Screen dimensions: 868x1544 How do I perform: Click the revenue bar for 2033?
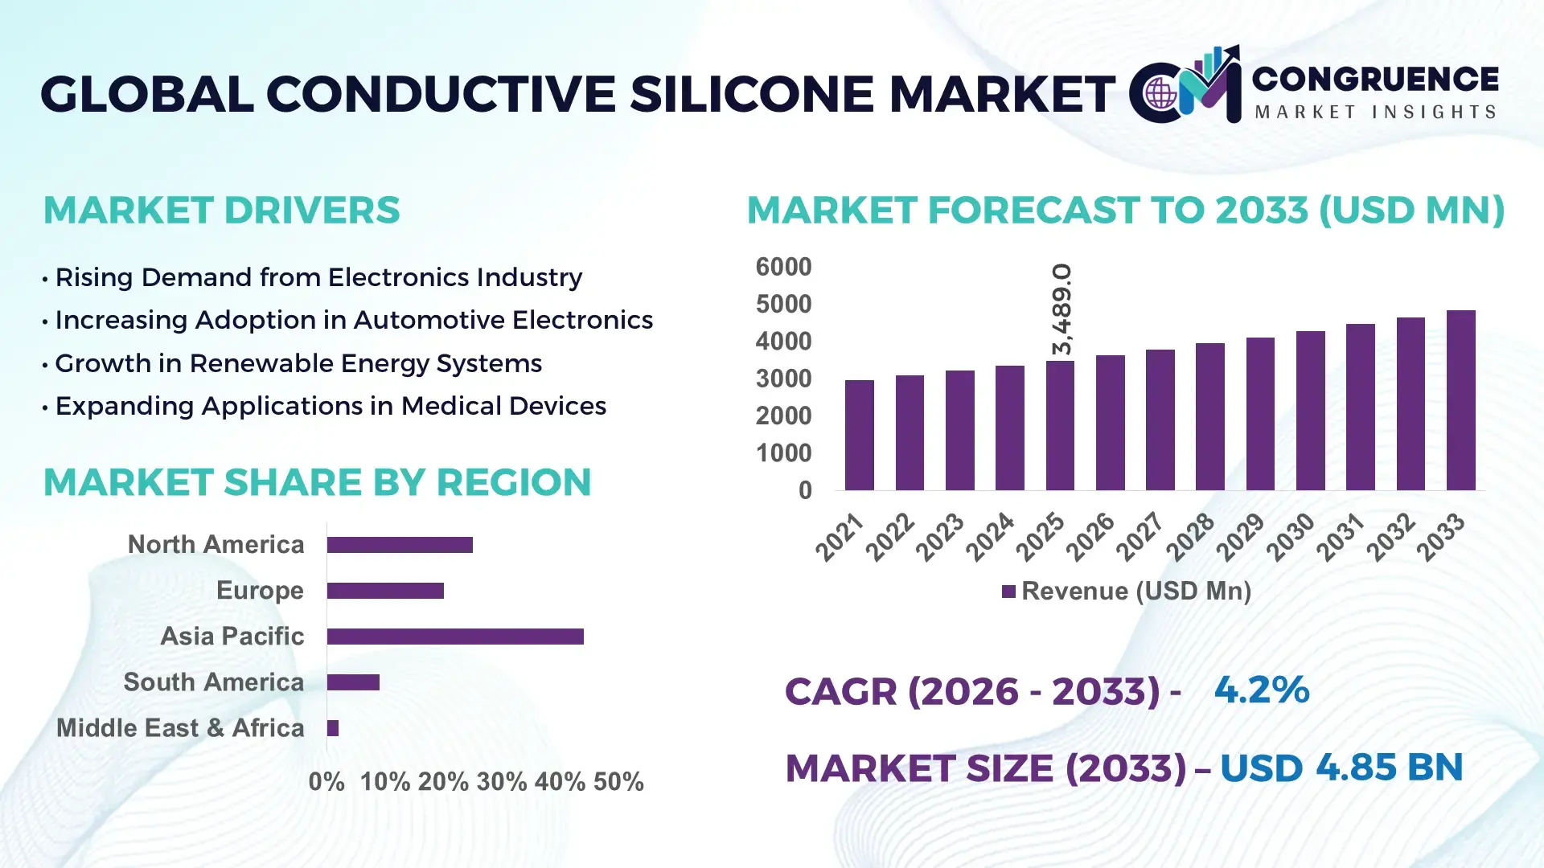pos(1460,400)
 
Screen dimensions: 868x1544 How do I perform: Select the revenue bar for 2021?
pos(859,435)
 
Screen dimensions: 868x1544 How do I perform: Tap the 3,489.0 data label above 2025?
pos(1062,309)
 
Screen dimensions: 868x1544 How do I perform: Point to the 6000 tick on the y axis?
pos(783,267)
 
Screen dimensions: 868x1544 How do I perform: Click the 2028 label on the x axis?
pos(1190,537)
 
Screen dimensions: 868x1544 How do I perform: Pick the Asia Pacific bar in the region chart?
pos(455,637)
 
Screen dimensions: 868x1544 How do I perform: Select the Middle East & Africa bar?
pos(333,728)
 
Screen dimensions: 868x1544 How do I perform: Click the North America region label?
pos(216,544)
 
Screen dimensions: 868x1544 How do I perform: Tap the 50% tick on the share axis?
pos(618,781)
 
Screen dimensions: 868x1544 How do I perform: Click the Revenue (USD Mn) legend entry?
pos(1126,592)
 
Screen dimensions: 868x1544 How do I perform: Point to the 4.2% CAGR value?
pos(1261,690)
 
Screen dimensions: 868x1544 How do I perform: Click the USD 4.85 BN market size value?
pos(1341,768)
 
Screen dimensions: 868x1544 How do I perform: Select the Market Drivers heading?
pos(221,211)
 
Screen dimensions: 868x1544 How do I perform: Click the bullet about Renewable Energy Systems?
pos(298,363)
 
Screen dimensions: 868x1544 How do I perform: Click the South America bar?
pos(353,682)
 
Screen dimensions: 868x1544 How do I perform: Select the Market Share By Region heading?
pos(317,482)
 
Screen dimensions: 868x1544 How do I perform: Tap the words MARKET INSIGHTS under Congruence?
pos(1375,112)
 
